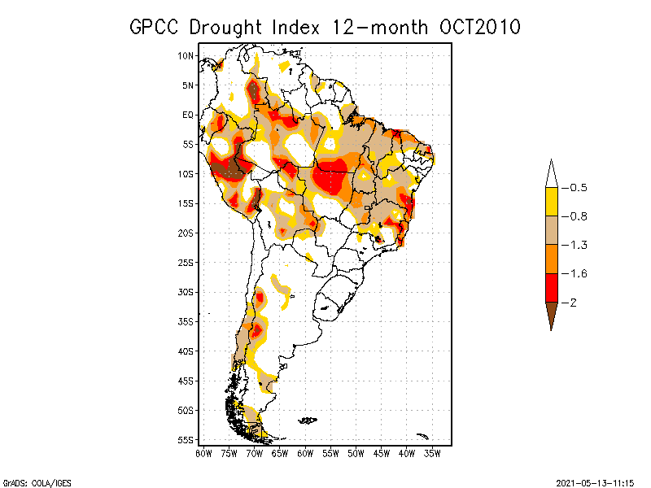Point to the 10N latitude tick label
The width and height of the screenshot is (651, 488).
tap(186, 55)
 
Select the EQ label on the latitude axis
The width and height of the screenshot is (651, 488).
tap(188, 115)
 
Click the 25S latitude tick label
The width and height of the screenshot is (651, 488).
tap(186, 262)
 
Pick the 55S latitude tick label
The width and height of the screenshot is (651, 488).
tap(186, 439)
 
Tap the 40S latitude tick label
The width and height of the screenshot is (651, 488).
tap(186, 351)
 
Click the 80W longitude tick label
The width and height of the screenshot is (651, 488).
tap(203, 452)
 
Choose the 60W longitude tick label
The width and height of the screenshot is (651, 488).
tap(305, 452)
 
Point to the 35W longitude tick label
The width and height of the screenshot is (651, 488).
tap(433, 452)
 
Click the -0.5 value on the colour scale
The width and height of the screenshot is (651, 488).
tap(577, 188)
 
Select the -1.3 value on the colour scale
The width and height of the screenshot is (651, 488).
tap(577, 245)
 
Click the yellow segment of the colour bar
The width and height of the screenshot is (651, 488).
tap(551, 202)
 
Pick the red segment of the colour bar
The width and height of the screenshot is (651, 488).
tap(551, 287)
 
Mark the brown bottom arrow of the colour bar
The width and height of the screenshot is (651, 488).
tap(551, 312)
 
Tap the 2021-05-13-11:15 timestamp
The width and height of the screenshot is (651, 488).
tap(595, 481)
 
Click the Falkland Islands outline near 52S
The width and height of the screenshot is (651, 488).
tap(307, 420)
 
